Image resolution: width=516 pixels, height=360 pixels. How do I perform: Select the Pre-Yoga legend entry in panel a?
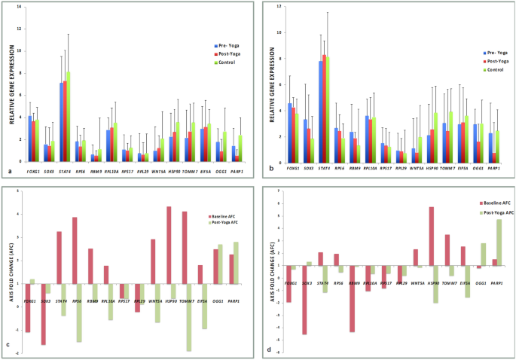[x=227, y=46]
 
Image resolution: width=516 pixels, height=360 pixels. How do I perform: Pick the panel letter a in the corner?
[x=7, y=172]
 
